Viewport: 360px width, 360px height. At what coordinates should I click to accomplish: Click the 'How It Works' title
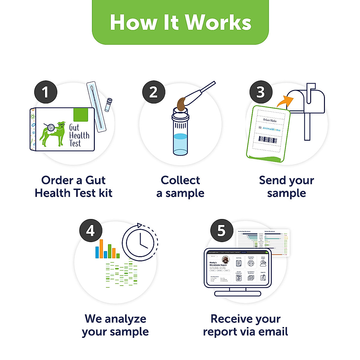180,22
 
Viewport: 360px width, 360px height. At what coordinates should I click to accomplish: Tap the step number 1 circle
46,92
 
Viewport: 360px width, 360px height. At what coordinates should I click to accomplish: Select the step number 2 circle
153,92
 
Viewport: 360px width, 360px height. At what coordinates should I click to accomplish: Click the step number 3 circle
261,92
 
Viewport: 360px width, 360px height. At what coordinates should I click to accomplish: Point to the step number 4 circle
91,231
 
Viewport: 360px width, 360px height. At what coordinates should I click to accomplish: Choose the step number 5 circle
221,231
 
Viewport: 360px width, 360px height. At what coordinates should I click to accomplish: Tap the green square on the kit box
80,115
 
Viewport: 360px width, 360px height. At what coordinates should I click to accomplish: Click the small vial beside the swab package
108,105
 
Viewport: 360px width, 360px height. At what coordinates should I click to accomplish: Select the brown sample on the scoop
181,103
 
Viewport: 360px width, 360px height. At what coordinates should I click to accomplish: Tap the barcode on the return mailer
268,139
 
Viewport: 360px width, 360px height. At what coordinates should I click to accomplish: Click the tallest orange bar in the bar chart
101,248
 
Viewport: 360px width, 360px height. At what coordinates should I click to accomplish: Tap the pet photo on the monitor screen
225,259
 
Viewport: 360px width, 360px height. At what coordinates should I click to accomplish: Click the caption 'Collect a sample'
180,187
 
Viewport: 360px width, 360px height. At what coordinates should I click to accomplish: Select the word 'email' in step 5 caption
273,332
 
